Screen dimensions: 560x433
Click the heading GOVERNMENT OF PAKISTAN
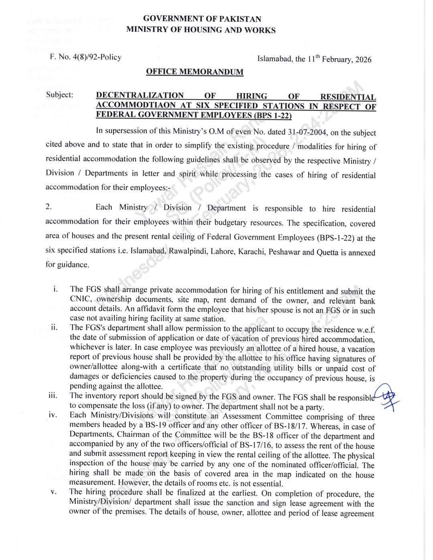(x=202, y=19)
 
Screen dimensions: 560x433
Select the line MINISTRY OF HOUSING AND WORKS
(x=201, y=30)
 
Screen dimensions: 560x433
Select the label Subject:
(x=60, y=95)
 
